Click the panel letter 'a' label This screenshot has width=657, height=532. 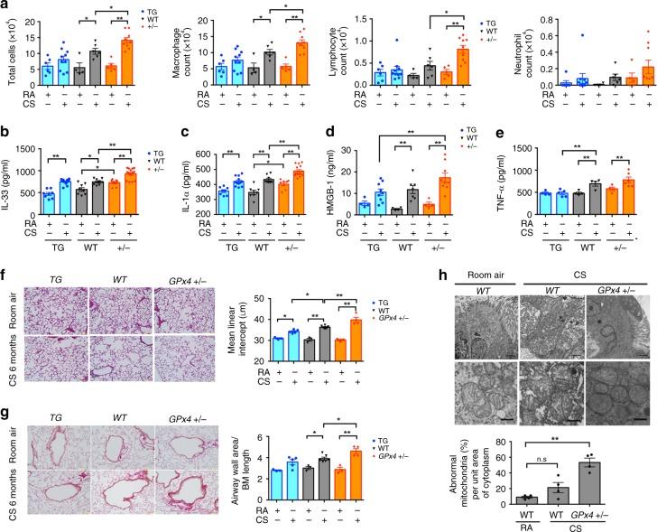click(x=5, y=6)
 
